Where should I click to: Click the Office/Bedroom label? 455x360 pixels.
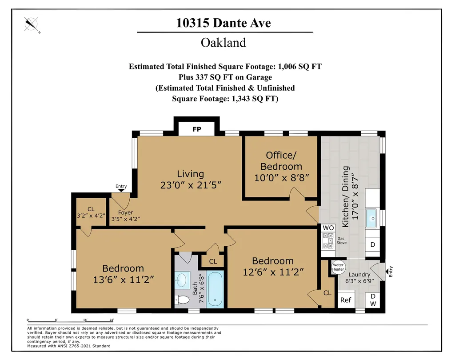281,160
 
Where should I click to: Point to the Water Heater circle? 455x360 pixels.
338,266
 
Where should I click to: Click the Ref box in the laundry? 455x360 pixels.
346,300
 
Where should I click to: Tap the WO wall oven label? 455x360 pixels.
328,228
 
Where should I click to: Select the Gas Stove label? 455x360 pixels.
341,240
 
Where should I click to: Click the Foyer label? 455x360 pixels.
125,212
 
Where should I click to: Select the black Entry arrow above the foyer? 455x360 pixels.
121,191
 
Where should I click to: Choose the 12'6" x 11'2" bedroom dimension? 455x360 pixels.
273,272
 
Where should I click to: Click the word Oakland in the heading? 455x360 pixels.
224,43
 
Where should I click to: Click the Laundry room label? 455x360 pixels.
359,275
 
